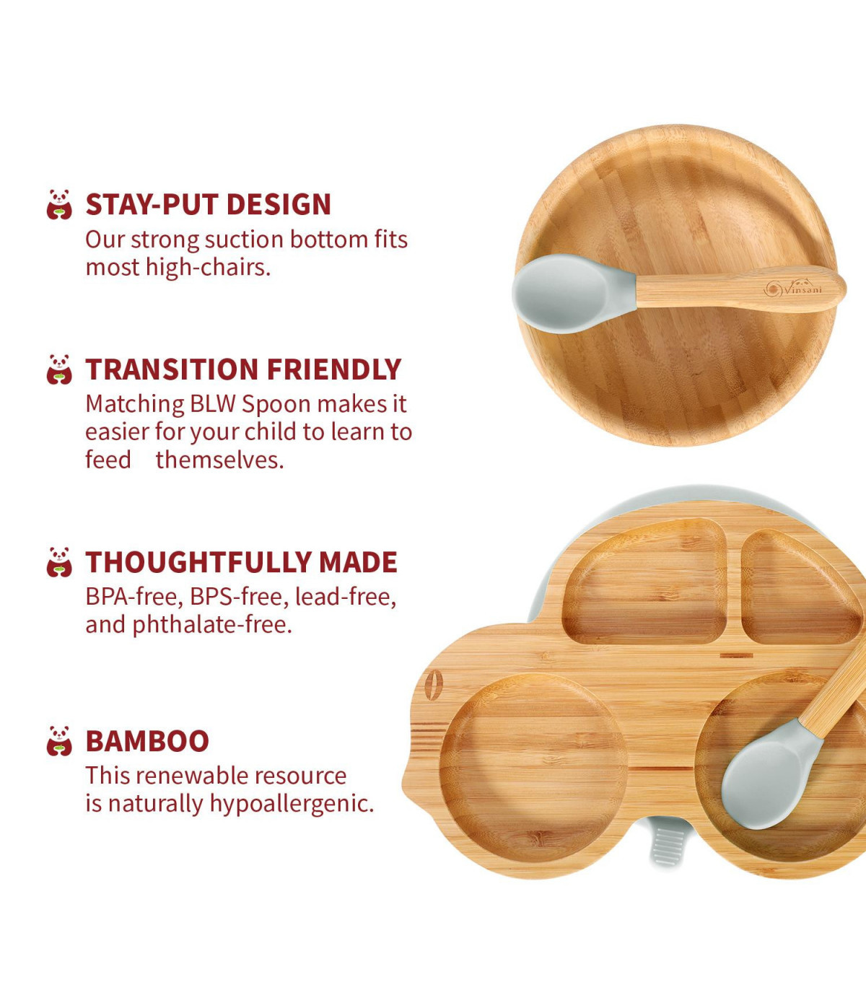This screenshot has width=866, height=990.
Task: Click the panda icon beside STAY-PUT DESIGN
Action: coord(59,204)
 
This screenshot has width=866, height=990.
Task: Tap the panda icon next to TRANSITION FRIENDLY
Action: coord(59,369)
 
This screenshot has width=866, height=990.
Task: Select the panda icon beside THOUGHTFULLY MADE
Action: coord(59,562)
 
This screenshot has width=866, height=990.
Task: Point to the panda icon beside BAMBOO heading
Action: coord(59,741)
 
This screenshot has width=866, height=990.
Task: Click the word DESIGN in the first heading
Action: coord(279,204)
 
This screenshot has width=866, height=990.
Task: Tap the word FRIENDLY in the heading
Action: coord(334,369)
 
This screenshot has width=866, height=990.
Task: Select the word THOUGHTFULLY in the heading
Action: coord(198,562)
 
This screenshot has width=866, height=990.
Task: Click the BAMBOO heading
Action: coord(147,741)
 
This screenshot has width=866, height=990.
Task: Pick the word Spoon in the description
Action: coord(276,405)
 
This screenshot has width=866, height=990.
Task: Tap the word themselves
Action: coord(219,460)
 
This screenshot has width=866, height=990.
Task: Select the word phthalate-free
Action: coord(212,625)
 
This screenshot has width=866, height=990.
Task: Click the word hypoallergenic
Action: coord(292,804)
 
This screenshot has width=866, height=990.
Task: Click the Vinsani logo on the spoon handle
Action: coord(793,289)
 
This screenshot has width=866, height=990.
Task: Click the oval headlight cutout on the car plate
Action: coord(433,685)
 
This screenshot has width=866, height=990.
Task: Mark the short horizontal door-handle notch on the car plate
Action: coord(736,656)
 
